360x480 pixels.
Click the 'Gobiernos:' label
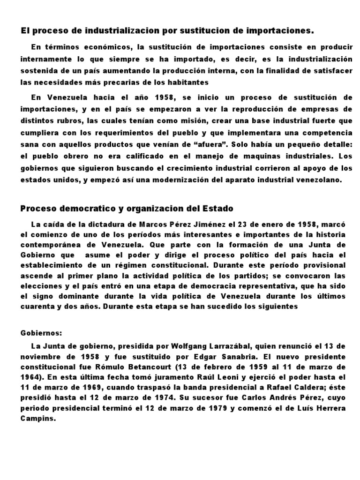(41, 333)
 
